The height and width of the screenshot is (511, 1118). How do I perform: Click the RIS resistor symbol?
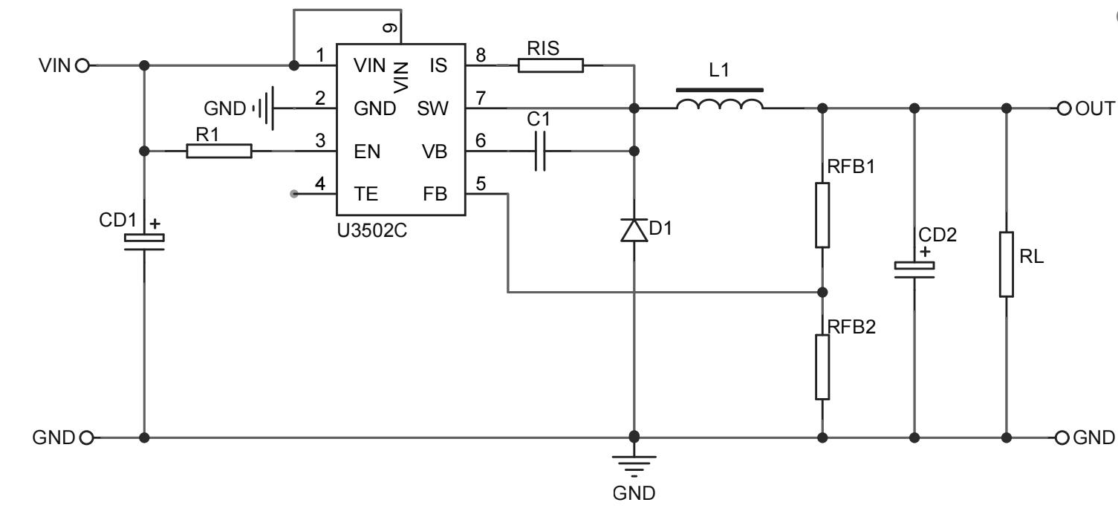tap(550, 66)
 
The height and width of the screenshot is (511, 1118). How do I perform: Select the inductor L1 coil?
tap(719, 106)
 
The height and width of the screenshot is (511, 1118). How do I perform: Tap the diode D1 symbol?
tap(634, 230)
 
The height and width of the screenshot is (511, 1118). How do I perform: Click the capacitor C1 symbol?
tap(541, 152)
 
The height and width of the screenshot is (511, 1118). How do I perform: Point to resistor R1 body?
tap(219, 152)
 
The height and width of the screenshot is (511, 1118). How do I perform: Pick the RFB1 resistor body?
tap(822, 215)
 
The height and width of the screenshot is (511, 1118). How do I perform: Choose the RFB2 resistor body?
tap(822, 367)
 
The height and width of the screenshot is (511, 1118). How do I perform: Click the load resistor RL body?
tap(1007, 264)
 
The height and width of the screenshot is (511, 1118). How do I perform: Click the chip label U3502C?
tap(372, 230)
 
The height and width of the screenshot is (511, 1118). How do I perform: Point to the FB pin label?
tap(435, 194)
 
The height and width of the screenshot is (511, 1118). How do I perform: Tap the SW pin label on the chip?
tap(432, 109)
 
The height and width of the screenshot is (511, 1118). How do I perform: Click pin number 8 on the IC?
tap(481, 55)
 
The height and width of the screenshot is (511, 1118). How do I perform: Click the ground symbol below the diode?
tap(634, 464)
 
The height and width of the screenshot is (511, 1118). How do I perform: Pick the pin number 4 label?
tap(320, 183)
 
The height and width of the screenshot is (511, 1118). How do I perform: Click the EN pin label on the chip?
tap(367, 152)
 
